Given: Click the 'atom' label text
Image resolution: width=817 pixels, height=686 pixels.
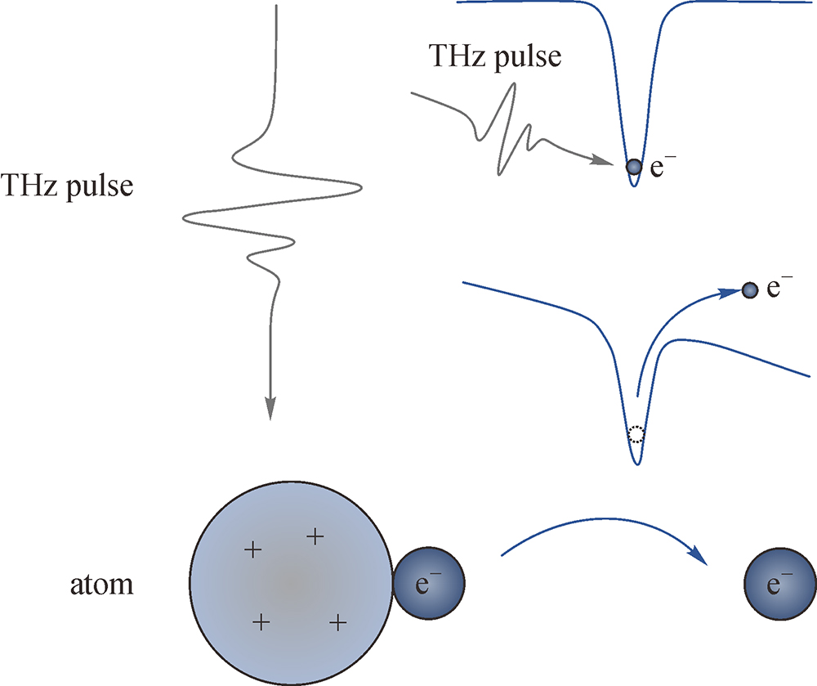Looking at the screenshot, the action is point(101,585).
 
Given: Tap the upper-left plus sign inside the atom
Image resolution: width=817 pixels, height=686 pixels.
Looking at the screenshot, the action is point(253,550).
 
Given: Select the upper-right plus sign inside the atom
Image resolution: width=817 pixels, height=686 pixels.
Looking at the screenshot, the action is point(315,536).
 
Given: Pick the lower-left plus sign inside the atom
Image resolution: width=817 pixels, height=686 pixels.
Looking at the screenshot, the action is point(261,622).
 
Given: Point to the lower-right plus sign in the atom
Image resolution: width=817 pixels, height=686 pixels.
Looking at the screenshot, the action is point(338,622).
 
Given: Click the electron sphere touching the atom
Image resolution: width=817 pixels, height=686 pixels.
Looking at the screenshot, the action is point(428,583).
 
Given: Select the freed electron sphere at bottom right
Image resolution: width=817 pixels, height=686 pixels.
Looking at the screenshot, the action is point(780,584).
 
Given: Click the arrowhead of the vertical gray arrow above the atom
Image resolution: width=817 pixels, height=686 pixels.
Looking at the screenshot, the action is point(270,409).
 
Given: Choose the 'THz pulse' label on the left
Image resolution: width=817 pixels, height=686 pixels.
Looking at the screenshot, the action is point(67,186).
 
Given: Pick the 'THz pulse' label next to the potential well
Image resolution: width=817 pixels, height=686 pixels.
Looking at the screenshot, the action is point(495,56).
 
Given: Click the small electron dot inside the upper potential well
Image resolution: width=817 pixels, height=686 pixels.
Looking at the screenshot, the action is point(634,167).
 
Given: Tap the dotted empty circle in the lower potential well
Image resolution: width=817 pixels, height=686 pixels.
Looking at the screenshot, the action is point(636,434).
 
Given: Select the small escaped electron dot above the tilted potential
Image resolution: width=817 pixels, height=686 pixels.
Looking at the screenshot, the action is point(750,289).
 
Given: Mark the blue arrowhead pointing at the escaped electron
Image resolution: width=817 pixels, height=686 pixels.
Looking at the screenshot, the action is point(730,293).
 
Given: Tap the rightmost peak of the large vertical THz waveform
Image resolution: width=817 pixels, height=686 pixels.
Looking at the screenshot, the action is point(362,188).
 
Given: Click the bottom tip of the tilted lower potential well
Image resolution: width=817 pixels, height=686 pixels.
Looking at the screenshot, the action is point(636,464).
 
